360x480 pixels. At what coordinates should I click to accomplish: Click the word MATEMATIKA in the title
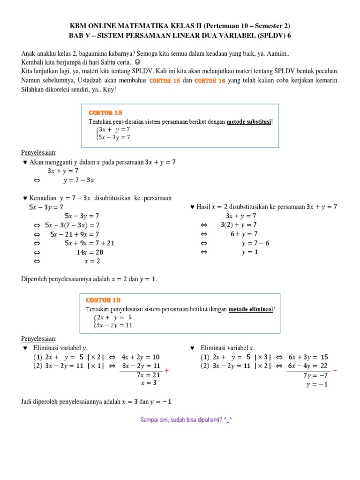coord(147,26)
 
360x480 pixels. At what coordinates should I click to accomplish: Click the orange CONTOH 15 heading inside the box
coord(105,112)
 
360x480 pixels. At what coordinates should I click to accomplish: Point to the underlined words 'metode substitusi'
coord(248,121)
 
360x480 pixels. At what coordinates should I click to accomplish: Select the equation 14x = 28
coord(89,252)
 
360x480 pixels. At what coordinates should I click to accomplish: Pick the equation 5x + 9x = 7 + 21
coord(89,243)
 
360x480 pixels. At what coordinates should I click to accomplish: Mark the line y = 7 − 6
coord(255,243)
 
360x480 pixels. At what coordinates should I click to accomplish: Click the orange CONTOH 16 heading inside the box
coord(103,300)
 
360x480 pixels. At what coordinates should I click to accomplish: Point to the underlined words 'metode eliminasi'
coord(251,309)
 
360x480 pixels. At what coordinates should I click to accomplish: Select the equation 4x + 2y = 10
coord(140,357)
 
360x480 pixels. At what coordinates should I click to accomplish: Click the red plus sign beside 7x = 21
coord(166,371)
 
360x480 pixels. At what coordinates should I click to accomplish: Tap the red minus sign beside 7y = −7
coord(334,371)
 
